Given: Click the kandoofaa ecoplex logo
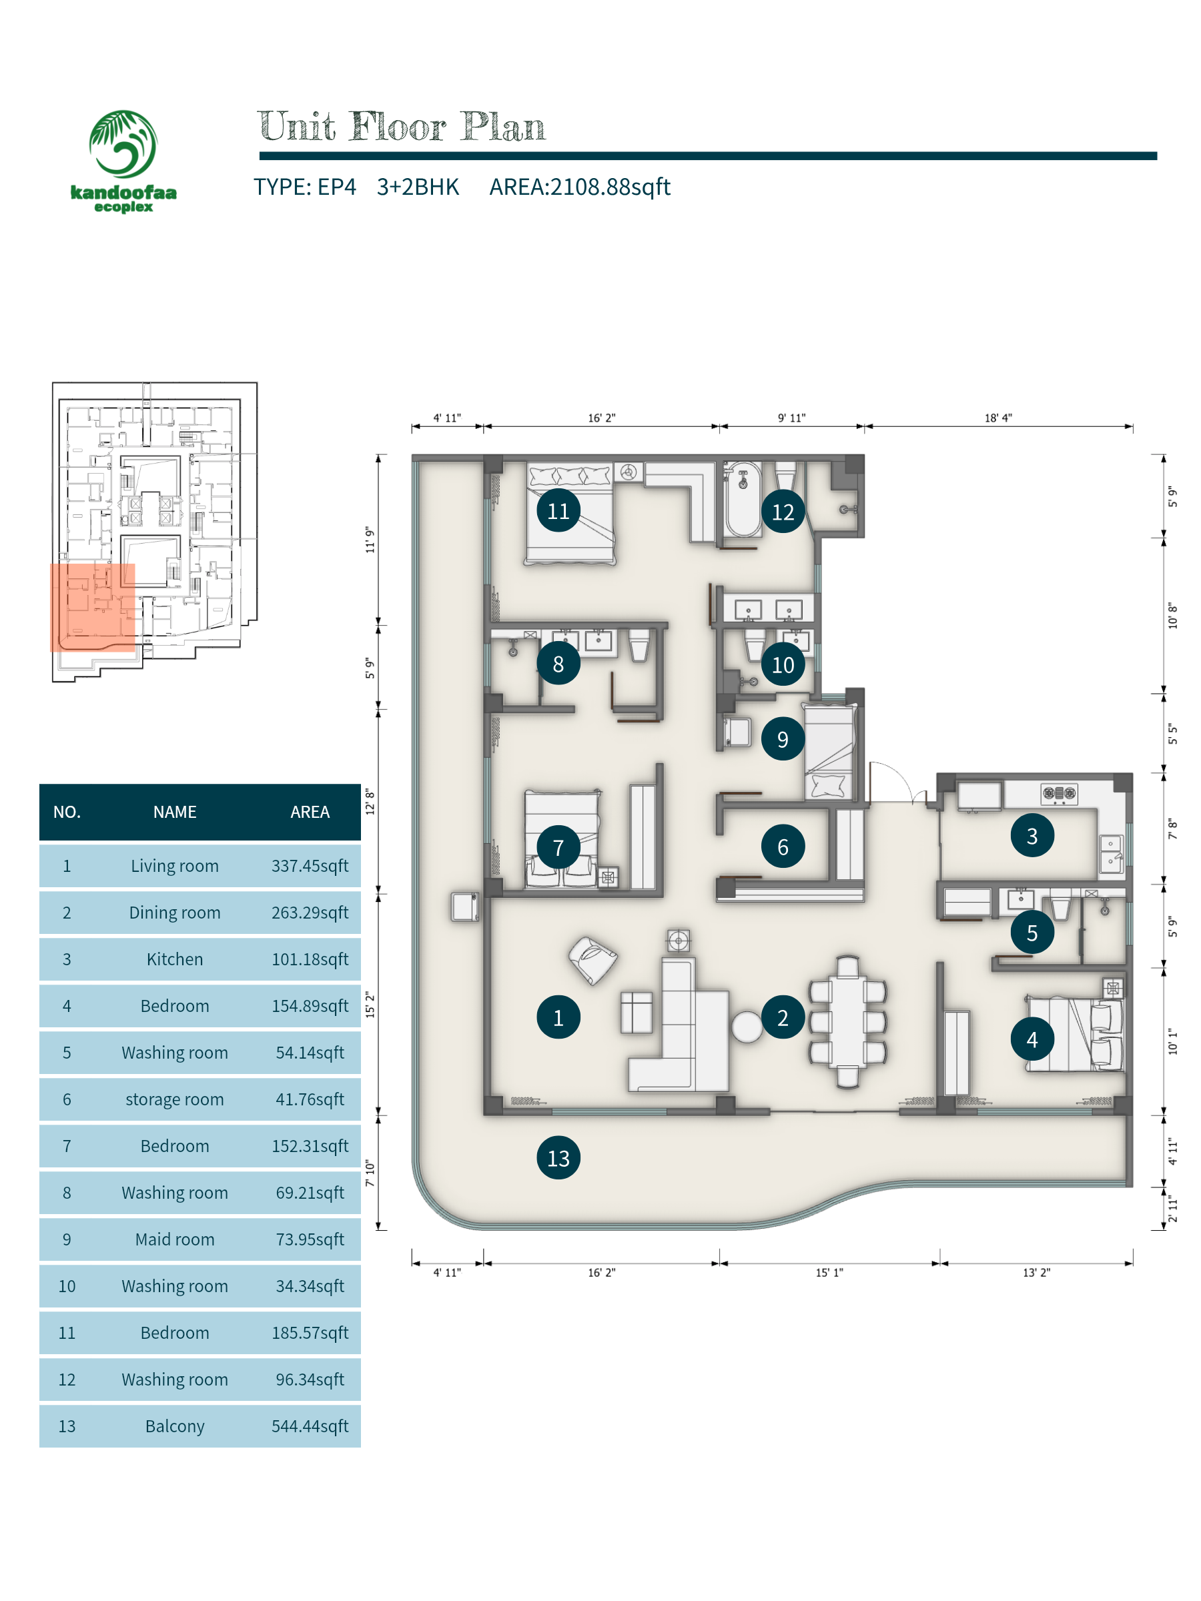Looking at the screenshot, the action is pyautogui.click(x=123, y=161).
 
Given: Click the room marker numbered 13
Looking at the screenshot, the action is pyautogui.click(x=558, y=1157).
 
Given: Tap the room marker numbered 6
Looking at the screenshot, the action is pyautogui.click(x=783, y=846).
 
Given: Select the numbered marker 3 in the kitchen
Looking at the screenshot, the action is pyautogui.click(x=1032, y=835).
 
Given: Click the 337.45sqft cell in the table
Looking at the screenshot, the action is pyautogui.click(x=310, y=866).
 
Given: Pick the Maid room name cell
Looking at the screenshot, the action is pyautogui.click(x=174, y=1239).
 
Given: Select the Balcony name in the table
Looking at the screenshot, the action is pyautogui.click(x=174, y=1426).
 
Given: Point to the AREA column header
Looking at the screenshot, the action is pyautogui.click(x=310, y=812).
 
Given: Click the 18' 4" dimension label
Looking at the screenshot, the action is pyautogui.click(x=997, y=418).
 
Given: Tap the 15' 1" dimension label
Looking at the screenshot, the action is pyautogui.click(x=829, y=1272).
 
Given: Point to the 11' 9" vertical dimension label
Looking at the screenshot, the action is pyautogui.click(x=370, y=540).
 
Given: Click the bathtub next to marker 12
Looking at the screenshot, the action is pyautogui.click(x=743, y=499).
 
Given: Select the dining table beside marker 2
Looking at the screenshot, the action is pyautogui.click(x=848, y=1021).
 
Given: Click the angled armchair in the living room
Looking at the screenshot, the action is pyautogui.click(x=593, y=960).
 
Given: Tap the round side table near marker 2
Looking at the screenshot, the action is pyautogui.click(x=747, y=1027).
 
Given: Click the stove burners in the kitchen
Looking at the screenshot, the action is pyautogui.click(x=1059, y=794).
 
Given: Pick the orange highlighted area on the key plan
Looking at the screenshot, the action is pyautogui.click(x=93, y=608).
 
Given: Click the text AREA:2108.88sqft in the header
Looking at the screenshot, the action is pyautogui.click(x=580, y=187).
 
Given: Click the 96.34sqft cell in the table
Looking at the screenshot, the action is pyautogui.click(x=310, y=1380).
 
